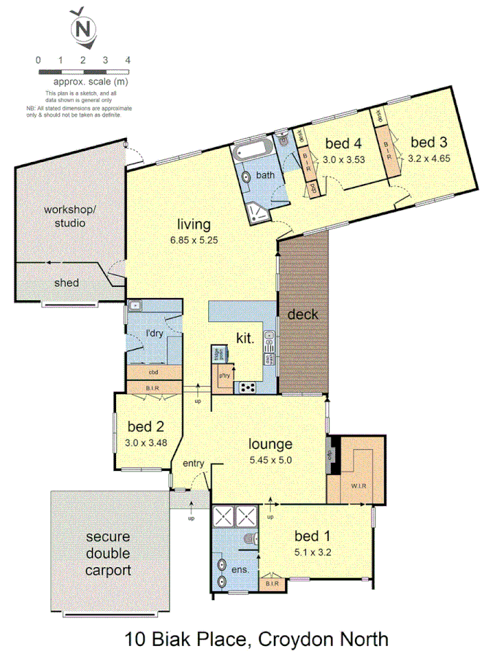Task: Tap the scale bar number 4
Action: point(128,60)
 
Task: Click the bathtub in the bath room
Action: point(252,153)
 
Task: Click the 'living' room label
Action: point(193,224)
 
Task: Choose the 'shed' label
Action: point(66,283)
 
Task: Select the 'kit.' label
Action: point(244,338)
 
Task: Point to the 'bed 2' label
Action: point(146,427)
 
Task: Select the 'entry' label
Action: point(194,463)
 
